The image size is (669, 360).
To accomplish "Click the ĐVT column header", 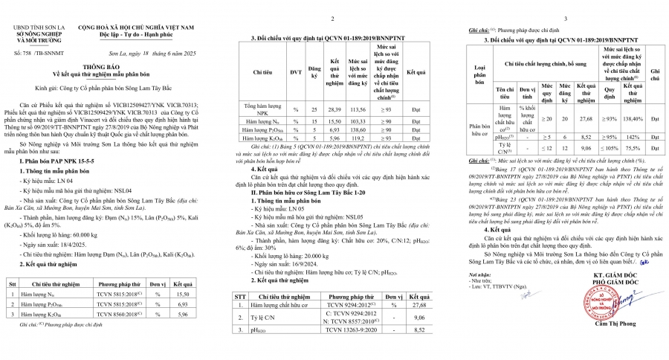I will [295, 74].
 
